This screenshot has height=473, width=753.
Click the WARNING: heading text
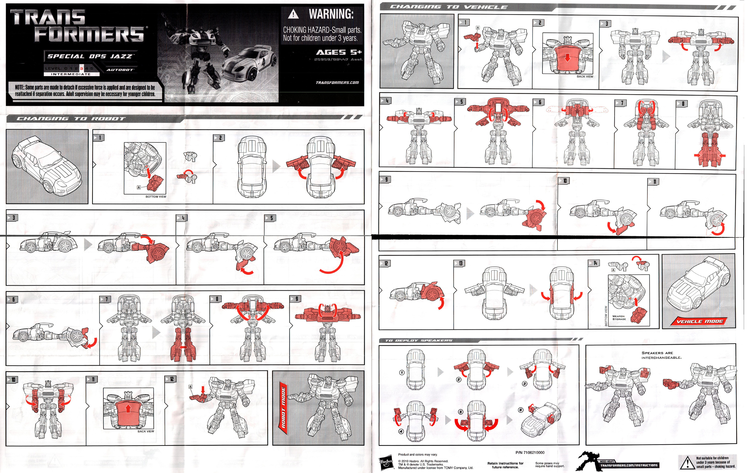point(331,14)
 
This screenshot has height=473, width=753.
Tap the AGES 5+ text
point(339,52)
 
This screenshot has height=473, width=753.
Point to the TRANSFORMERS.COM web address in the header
point(337,83)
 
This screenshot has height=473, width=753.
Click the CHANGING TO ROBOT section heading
point(71,119)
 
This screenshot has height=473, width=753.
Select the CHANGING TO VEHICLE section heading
point(449,7)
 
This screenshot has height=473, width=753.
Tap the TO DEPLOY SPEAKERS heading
point(419,341)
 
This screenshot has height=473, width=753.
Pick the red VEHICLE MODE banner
point(700,321)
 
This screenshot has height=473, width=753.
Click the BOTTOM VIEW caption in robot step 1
point(156,197)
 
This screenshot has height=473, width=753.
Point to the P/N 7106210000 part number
point(530,452)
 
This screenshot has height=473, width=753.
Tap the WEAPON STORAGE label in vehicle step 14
point(619,318)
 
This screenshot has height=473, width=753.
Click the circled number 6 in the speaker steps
point(520,410)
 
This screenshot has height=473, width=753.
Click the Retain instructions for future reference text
point(505,465)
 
